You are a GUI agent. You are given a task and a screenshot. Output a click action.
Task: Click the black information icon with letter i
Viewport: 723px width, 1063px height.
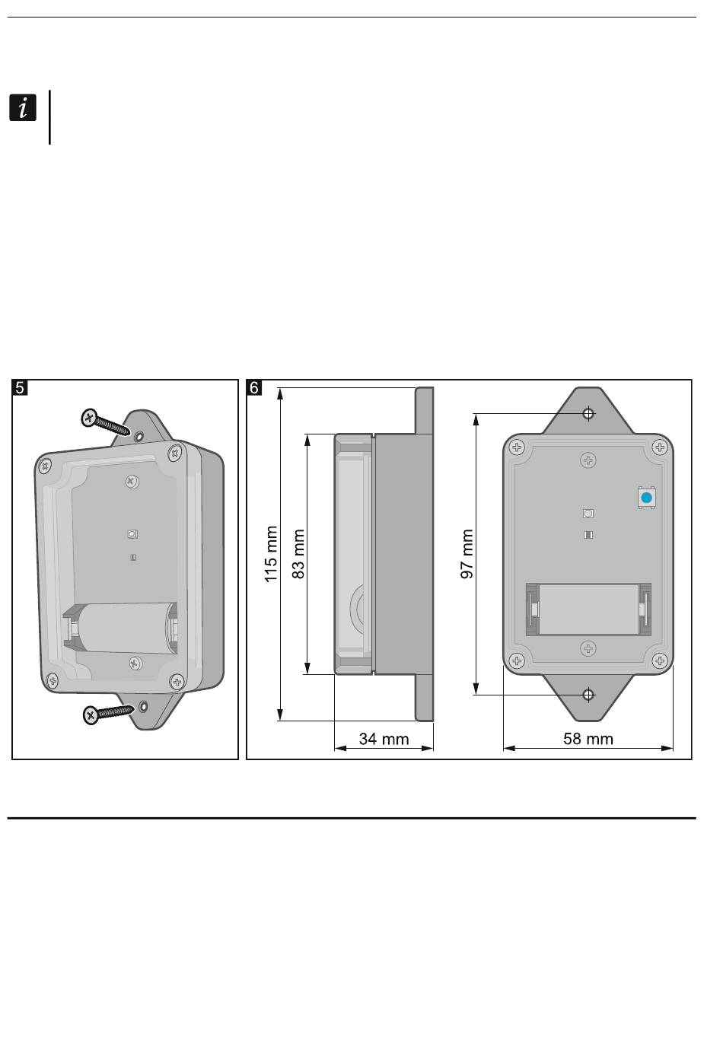pos(22,108)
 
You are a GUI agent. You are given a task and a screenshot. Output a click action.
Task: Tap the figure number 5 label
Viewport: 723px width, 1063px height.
pos(20,388)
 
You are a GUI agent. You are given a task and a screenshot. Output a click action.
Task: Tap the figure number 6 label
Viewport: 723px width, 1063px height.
pos(254,388)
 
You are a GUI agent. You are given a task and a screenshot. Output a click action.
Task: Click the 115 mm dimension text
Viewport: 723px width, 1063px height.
pos(271,554)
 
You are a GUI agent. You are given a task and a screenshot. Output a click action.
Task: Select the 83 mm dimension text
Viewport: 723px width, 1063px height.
pos(298,554)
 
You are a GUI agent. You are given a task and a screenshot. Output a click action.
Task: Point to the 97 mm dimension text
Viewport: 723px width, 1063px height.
pos(467,554)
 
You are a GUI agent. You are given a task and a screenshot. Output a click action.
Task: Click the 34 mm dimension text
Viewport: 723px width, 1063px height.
pos(384,739)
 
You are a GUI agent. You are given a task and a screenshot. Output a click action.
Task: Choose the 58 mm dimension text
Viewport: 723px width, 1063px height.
pos(588,739)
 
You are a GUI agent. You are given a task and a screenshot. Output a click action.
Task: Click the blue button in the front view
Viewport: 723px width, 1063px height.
pos(647,498)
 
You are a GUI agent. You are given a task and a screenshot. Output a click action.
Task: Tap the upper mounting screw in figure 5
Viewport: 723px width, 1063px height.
pos(105,422)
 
